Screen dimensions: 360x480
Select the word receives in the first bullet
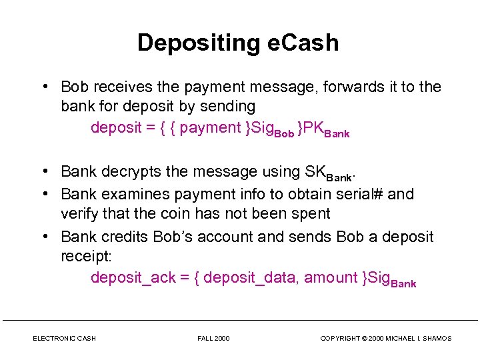120,87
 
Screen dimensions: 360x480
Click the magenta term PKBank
326,129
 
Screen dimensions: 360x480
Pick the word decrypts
132,172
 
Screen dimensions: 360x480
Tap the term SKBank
328,173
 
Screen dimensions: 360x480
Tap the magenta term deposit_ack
133,278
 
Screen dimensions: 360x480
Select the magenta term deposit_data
251,278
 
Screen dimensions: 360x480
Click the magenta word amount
329,278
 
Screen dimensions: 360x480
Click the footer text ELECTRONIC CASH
64,339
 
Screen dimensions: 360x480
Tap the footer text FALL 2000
213,339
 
